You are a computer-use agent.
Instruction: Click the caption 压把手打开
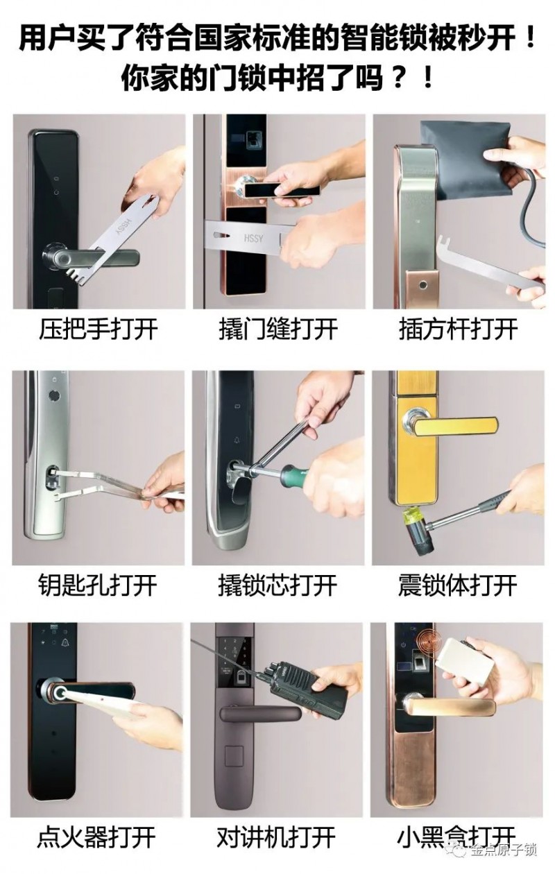[99, 329]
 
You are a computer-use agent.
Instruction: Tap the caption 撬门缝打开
[278, 329]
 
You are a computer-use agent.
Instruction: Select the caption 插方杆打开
[458, 329]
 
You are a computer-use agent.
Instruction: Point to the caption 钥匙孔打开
[98, 585]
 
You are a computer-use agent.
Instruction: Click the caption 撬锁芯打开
[277, 585]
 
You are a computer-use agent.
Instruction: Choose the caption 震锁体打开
[457, 585]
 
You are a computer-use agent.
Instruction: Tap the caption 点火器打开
[96, 837]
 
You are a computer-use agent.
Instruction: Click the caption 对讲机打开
[276, 837]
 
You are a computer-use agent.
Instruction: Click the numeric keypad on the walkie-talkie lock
[235, 652]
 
